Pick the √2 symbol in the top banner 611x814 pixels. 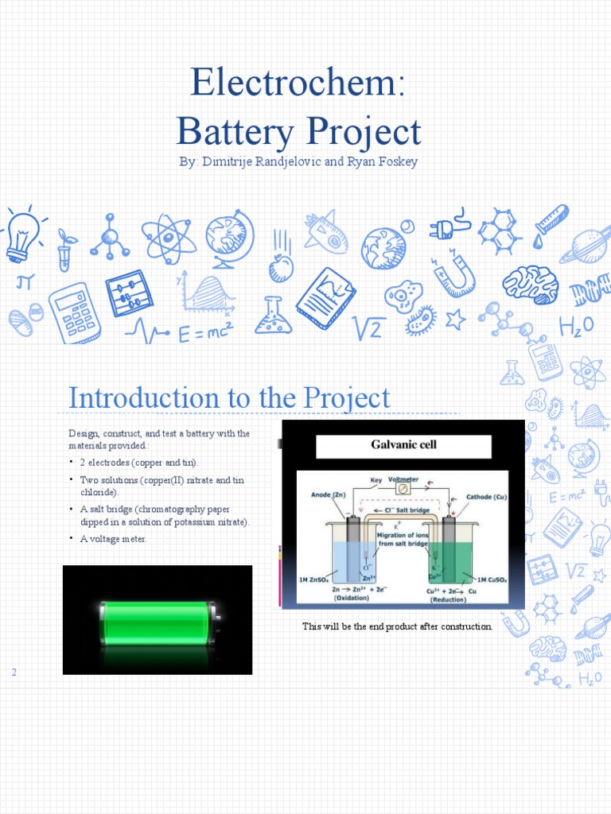368,326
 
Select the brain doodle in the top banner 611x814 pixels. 529,283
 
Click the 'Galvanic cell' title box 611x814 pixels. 403,445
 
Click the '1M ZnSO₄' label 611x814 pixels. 313,579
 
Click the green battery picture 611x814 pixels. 158,620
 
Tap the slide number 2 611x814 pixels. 14,673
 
